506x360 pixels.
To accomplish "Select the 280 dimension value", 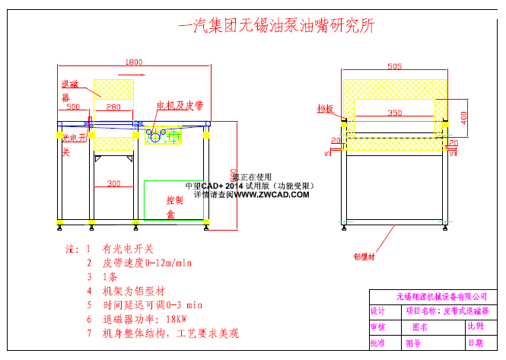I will click(113, 107).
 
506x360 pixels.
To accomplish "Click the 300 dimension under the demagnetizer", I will click(113, 183).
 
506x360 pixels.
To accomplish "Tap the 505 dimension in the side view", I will click(394, 66).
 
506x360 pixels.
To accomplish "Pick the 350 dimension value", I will click(394, 113).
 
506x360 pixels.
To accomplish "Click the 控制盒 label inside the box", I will click(174, 207).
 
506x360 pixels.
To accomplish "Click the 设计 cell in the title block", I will click(377, 311).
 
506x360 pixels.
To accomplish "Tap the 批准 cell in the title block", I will click(377, 343).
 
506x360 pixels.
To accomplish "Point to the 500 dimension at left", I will click(73, 107).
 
